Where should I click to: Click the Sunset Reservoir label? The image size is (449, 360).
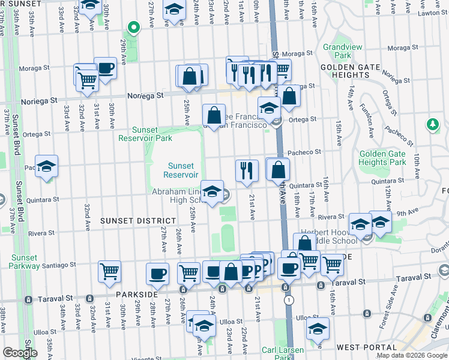pos(181,170)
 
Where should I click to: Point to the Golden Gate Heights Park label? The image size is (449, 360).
pos(382,158)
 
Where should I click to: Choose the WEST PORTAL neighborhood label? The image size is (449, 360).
pos(360,347)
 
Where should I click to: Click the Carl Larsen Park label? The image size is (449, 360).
pos(282,353)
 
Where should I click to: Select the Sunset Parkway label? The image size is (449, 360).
pos(25,262)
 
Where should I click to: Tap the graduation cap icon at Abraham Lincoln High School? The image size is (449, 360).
pos(212,192)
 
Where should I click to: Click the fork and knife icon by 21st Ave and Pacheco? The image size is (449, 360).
pos(246,170)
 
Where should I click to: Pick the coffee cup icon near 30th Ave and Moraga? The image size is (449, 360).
pos(105,68)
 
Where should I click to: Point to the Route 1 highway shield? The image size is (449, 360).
pos(289,300)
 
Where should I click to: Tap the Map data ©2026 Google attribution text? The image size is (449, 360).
pos(412,355)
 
